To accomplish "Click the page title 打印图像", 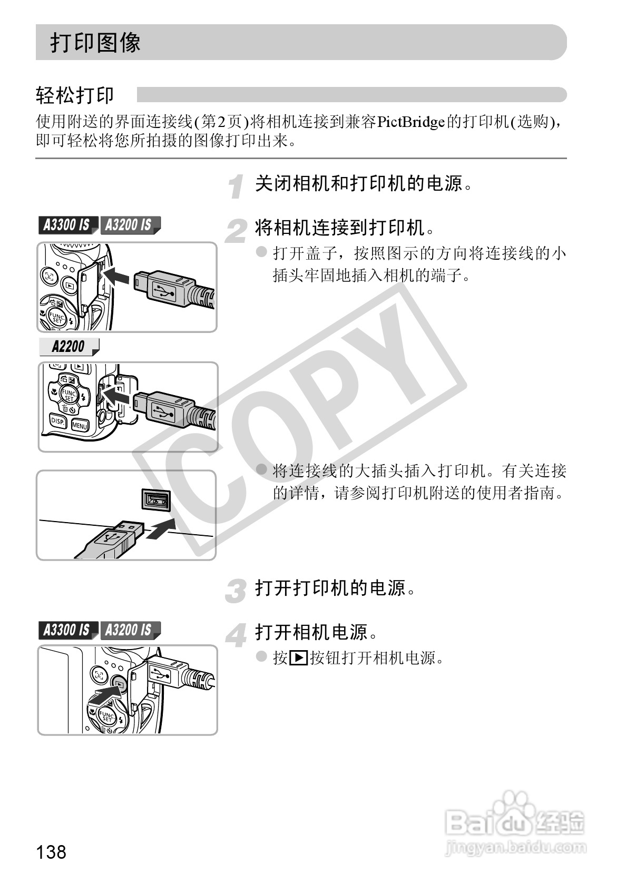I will tap(95, 42).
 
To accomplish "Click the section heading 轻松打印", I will tap(75, 95).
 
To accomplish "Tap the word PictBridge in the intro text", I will tap(411, 123).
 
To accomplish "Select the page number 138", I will tap(51, 851).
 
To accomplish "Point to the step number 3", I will tap(236, 591).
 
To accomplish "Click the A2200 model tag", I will tap(68, 347).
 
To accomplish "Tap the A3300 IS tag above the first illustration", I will tap(67, 225).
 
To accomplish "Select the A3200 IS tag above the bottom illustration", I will tap(128, 630).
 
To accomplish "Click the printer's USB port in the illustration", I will tap(156, 498).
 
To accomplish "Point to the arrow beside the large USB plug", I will tap(161, 527).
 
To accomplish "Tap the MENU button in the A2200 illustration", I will tap(80, 425).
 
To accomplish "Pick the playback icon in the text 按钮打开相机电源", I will tap(298, 658).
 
